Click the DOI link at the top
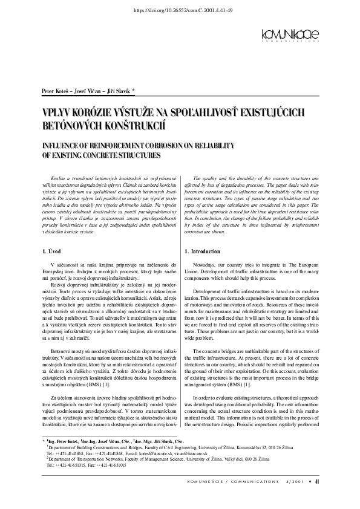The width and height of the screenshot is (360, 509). [180, 11]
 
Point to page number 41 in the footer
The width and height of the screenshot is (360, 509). [317, 481]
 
